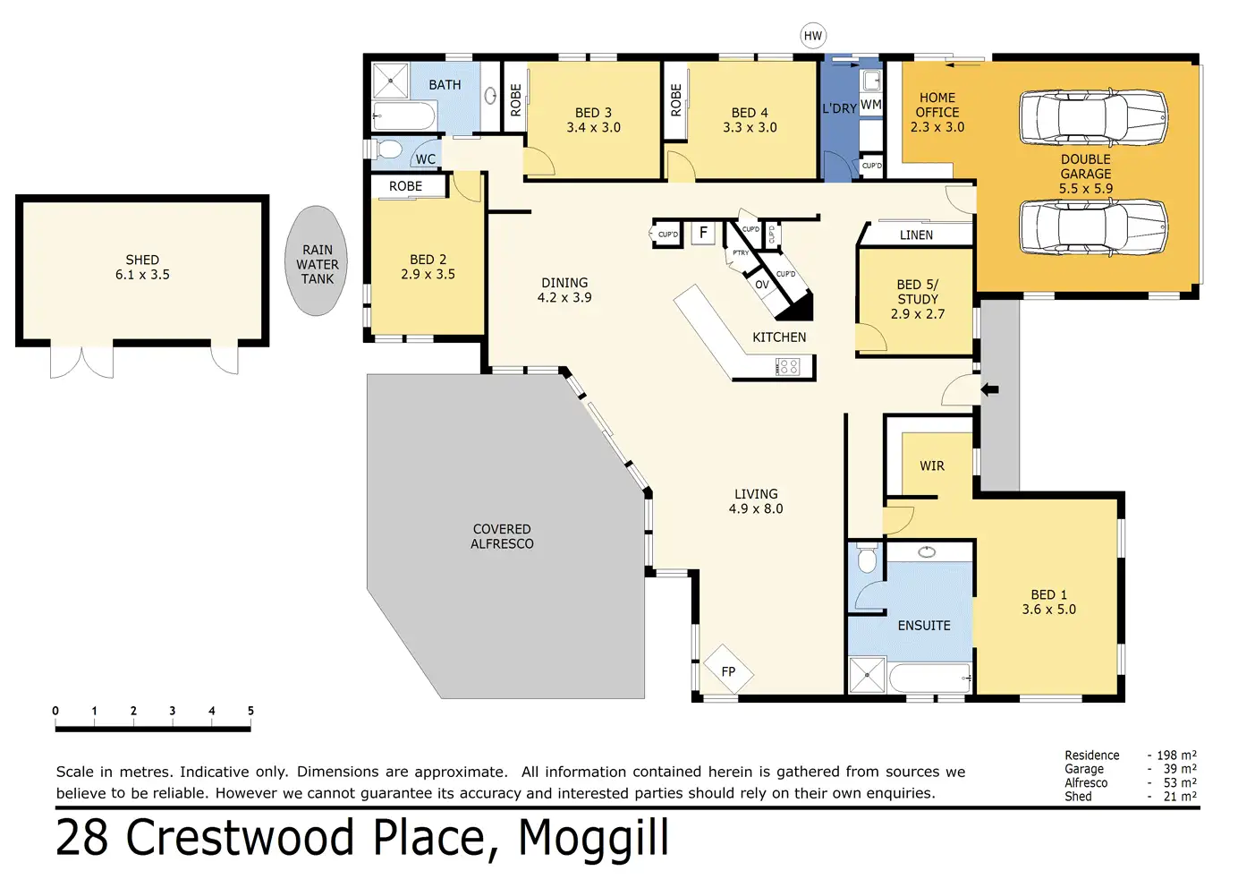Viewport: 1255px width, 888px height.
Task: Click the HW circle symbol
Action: coord(812,36)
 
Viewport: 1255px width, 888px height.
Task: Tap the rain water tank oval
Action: coord(316,260)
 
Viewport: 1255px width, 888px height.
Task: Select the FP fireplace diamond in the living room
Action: coord(728,670)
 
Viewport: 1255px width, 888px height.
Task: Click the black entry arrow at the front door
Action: coord(989,389)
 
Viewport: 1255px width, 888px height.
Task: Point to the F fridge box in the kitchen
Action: coord(703,232)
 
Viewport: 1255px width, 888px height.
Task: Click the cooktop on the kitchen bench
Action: coord(787,367)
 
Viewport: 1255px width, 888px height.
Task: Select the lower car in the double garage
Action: coord(1093,228)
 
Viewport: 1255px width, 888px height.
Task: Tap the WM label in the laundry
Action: coord(870,105)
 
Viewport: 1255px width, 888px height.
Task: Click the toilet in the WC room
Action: coord(388,149)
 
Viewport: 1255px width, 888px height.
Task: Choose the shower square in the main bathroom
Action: coord(391,81)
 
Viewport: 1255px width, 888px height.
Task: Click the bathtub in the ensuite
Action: coord(930,678)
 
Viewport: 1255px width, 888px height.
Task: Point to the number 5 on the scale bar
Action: coord(250,711)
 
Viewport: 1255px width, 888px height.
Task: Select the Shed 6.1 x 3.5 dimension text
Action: coord(142,275)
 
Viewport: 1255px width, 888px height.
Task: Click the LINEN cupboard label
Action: coord(916,235)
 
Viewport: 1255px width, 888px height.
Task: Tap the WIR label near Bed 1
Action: coord(932,465)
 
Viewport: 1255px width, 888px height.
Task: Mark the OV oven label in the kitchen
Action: coord(762,285)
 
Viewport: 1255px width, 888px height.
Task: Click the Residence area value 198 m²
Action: coord(1176,756)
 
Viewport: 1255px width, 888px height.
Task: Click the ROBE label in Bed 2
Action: coord(405,186)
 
